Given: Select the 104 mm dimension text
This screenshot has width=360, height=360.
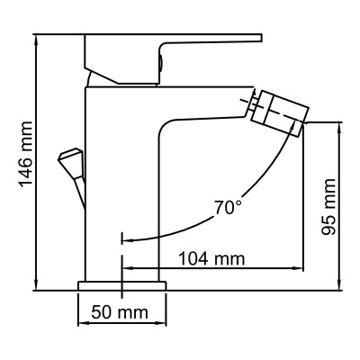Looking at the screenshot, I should click(x=211, y=259).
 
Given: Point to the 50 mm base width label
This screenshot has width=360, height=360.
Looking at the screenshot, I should click(x=120, y=312).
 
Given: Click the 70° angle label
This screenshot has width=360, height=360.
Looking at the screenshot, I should click(x=228, y=207).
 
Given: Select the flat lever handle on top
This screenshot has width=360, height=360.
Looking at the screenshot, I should click(x=171, y=40).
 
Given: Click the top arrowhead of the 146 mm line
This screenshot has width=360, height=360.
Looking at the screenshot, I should click(x=36, y=39).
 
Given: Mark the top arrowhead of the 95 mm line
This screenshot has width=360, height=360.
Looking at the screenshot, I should click(x=342, y=127).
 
